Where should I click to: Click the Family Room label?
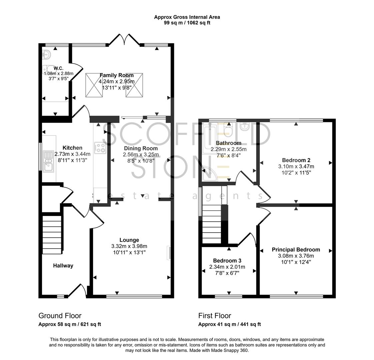[x=116, y=75]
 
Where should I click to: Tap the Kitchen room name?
[x=72, y=148]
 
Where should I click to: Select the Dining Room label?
[x=141, y=148]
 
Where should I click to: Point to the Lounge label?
[x=129, y=240]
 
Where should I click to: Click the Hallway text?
[x=63, y=266]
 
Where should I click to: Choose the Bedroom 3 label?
[x=227, y=261]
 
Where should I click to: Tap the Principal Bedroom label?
[x=296, y=250]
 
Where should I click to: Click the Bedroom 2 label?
[x=296, y=160]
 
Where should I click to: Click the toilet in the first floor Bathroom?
[x=228, y=130]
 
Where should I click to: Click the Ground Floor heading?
[x=60, y=316]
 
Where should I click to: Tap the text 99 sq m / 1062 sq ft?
[x=187, y=23]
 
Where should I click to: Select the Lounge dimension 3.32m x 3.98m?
[x=129, y=246]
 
